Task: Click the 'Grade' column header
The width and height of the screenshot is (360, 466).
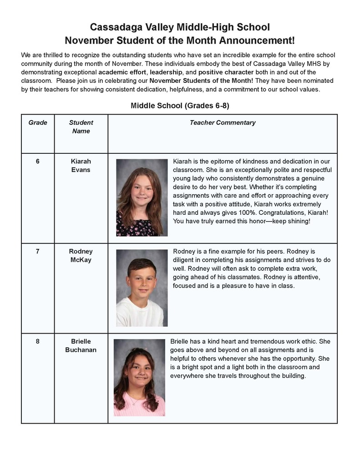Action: (x=38, y=122)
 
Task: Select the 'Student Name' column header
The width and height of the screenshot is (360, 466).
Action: (x=81, y=127)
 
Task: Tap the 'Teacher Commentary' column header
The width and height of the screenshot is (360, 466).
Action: (x=223, y=122)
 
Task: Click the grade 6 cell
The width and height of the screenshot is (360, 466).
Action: (x=38, y=161)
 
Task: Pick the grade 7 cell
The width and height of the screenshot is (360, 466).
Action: (x=38, y=251)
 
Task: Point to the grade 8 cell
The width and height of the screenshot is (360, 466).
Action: (x=38, y=341)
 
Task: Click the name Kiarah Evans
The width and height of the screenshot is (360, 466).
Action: (x=81, y=166)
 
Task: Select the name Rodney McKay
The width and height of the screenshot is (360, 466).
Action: (x=81, y=256)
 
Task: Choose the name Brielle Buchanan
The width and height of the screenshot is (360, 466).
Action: (x=81, y=346)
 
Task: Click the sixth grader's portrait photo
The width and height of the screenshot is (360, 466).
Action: (x=142, y=198)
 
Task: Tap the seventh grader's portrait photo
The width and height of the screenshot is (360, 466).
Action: (x=142, y=288)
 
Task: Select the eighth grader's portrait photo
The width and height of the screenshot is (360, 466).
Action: (x=139, y=377)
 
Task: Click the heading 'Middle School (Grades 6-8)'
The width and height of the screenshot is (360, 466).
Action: (x=180, y=106)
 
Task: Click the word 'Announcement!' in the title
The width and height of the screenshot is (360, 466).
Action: (x=257, y=41)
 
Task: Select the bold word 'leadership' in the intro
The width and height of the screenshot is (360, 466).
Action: (x=166, y=72)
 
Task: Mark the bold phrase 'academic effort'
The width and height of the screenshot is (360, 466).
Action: (x=122, y=72)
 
